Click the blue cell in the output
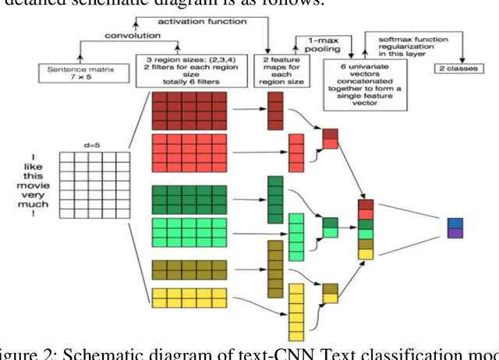(x=455, y=224)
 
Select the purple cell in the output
(x=455, y=233)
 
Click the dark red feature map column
(x=274, y=111)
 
